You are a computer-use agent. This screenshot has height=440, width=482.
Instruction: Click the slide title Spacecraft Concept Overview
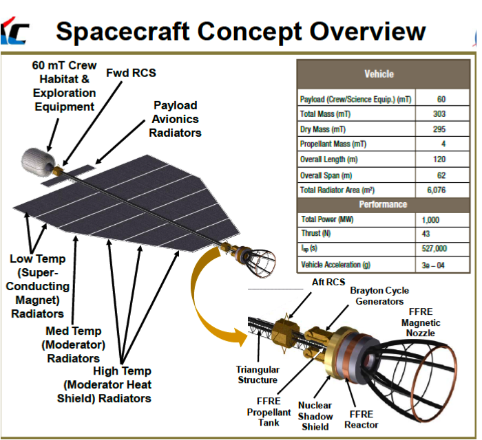click(240, 31)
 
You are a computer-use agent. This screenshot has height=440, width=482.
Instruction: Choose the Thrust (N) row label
click(317, 234)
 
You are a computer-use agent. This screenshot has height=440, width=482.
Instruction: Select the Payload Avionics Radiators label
click(175, 118)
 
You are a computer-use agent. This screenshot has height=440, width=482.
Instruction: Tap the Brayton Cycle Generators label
click(379, 296)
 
